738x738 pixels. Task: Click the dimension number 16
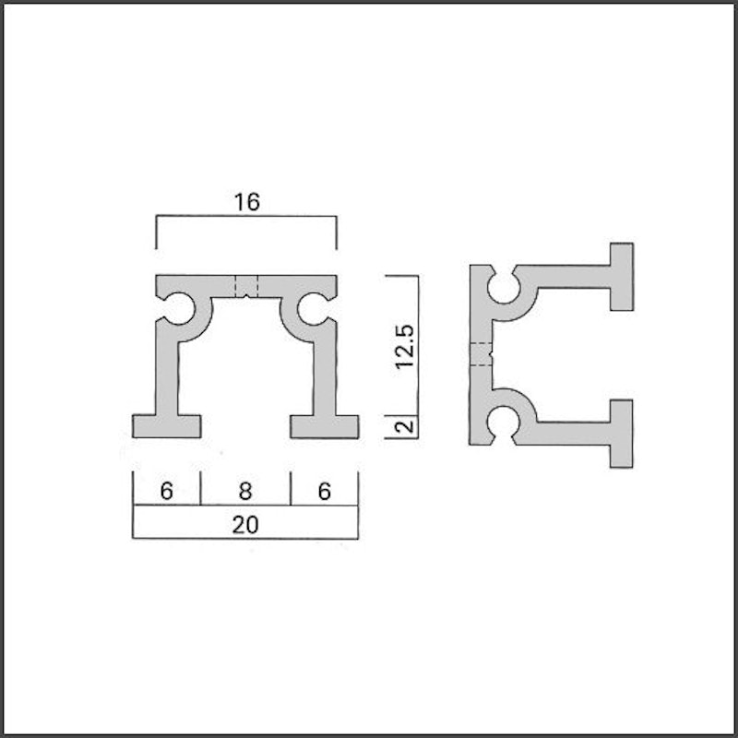pyautogui.click(x=246, y=202)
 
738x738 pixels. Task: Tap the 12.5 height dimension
pyautogui.click(x=405, y=346)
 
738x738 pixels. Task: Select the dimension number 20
pyautogui.click(x=245, y=524)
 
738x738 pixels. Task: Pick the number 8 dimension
pyautogui.click(x=245, y=491)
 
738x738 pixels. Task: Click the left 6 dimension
pyautogui.click(x=167, y=491)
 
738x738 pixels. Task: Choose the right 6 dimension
pyautogui.click(x=325, y=491)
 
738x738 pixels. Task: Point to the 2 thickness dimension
pyautogui.click(x=405, y=426)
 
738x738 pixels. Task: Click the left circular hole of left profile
pyautogui.click(x=179, y=308)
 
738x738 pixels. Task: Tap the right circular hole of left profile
pyautogui.click(x=313, y=309)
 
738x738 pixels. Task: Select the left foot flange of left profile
pyautogui.click(x=167, y=426)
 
